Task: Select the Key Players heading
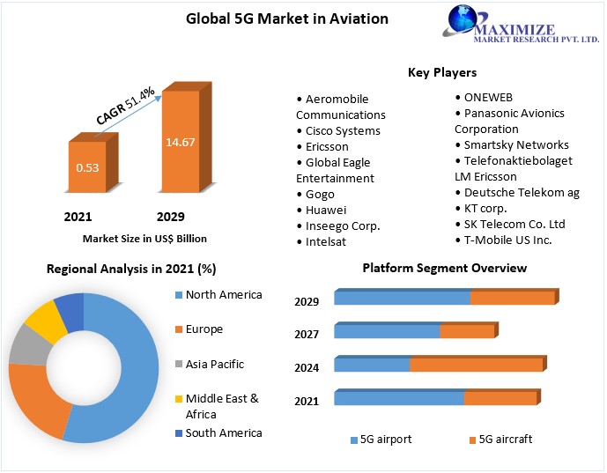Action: click(x=441, y=72)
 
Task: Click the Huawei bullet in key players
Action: click(x=325, y=210)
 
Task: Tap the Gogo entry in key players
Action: click(x=319, y=194)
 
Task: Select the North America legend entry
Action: click(x=223, y=294)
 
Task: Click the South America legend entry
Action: click(x=223, y=432)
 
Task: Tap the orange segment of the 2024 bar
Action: click(x=476, y=365)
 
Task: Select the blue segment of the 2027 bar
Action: click(x=387, y=331)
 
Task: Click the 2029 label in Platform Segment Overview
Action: click(x=307, y=302)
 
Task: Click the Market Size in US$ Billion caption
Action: click(x=144, y=238)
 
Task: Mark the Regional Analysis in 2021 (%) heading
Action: click(x=131, y=269)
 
